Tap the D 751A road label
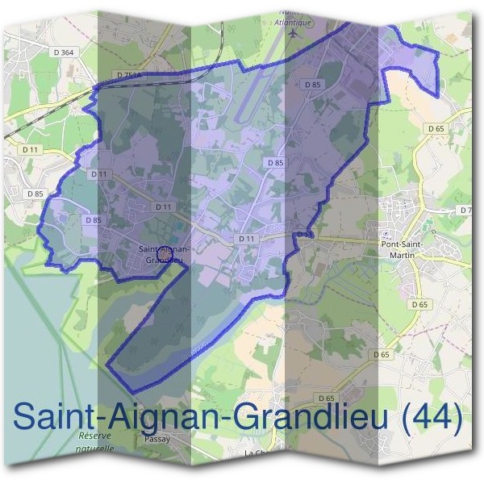pos(128,75)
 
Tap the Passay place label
pos(156,440)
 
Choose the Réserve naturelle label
pos(96,441)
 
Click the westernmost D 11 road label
pos(31,149)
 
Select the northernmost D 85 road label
pos(313,83)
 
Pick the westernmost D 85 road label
pos(35,194)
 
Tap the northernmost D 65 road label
pos(436,128)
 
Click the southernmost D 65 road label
pos(327,398)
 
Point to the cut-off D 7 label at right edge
pos(465,210)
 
